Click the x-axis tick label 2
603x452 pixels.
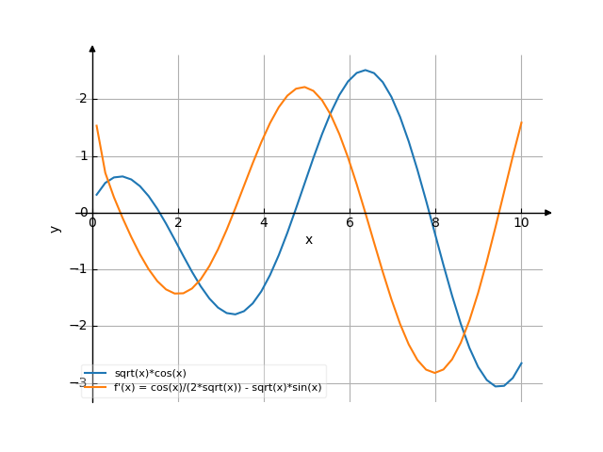pyautogui.click(x=178, y=222)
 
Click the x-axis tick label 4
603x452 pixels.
pyautogui.click(x=264, y=222)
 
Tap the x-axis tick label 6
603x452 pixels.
pyautogui.click(x=350, y=222)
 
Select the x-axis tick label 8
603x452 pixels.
pyautogui.click(x=435, y=222)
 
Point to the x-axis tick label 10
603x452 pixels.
pyautogui.click(x=521, y=222)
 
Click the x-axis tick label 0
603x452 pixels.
pyautogui.click(x=92, y=222)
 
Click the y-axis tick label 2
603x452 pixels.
pyautogui.click(x=83, y=99)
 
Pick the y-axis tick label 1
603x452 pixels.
pyautogui.click(x=83, y=155)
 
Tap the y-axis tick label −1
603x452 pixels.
pyautogui.click(x=80, y=269)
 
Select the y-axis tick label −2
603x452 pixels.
pyautogui.click(x=80, y=326)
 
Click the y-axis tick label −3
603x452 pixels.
pyautogui.click(x=80, y=383)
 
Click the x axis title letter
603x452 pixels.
pyautogui.click(x=309, y=240)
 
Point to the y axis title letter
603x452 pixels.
pyautogui.click(x=56, y=228)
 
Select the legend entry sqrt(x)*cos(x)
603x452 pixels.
pyautogui.click(x=150, y=374)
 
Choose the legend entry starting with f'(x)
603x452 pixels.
pyautogui.click(x=218, y=387)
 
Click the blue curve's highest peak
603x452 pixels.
pyautogui.click(x=366, y=70)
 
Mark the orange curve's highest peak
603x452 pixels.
pyautogui.click(x=302, y=88)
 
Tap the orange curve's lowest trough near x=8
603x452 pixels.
pyautogui.click(x=435, y=373)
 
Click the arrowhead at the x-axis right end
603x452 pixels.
pyautogui.click(x=548, y=213)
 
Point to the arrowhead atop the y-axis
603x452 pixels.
pyautogui.click(x=92, y=48)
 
